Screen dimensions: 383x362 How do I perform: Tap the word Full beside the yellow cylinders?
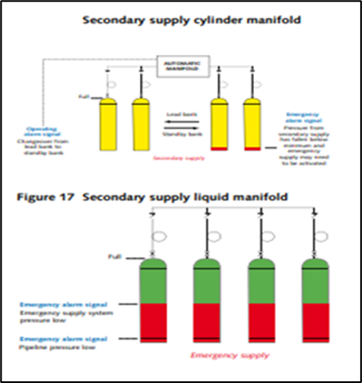(83, 96)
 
